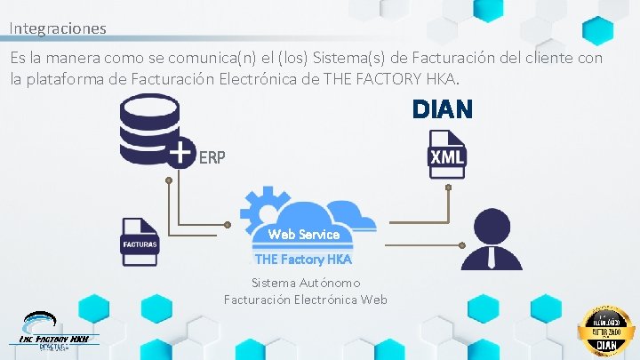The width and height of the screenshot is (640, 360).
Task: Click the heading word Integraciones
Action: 58,28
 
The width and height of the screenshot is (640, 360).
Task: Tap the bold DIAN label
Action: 441,109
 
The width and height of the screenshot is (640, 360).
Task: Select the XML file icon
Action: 447,154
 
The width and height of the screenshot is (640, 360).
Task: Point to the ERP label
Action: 212,157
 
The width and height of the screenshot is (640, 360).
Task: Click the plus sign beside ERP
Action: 180,153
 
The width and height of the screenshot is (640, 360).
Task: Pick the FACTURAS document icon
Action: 140,242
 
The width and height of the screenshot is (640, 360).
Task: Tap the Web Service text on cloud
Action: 304,235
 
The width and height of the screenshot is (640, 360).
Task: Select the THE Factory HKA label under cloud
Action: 303,260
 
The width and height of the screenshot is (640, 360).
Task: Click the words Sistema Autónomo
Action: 305,283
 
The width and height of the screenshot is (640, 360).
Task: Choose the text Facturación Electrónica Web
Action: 305,299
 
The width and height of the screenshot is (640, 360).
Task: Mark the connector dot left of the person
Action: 463,244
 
